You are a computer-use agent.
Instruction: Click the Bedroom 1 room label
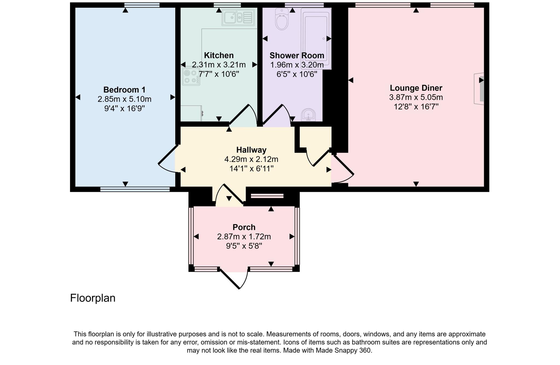[124, 90]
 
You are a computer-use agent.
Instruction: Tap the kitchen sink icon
[238, 17]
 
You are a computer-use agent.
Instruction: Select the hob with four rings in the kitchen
[191, 77]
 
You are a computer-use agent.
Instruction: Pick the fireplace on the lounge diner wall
[479, 89]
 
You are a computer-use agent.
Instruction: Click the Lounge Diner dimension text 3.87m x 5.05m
[416, 97]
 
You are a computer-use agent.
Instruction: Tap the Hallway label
[251, 150]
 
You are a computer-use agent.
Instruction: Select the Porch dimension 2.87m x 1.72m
[244, 236]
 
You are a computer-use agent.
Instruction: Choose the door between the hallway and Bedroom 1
[168, 160]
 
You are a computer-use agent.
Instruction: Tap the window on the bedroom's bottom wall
[135, 189]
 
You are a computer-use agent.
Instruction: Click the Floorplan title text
[93, 298]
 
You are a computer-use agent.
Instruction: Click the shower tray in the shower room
[316, 38]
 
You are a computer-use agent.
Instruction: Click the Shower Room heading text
[297, 56]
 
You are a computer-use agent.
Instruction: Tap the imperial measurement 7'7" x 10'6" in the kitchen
[219, 74]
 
